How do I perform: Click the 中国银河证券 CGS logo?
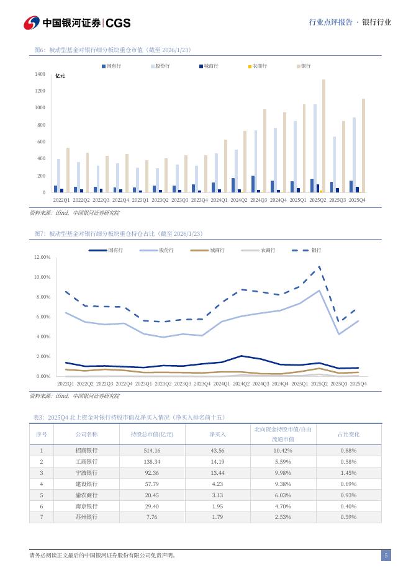(x=77, y=23)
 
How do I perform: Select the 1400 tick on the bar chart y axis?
(x=40, y=74)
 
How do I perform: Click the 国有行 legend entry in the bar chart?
(x=110, y=65)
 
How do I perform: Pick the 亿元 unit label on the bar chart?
(x=60, y=76)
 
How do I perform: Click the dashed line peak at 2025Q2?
(x=319, y=267)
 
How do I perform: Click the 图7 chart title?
(x=118, y=233)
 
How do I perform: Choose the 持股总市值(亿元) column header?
(x=151, y=435)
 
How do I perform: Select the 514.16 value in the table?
(x=151, y=451)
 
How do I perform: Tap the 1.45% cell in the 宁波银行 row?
(x=348, y=473)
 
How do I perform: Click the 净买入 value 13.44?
(x=217, y=473)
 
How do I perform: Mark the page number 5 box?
(x=386, y=556)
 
